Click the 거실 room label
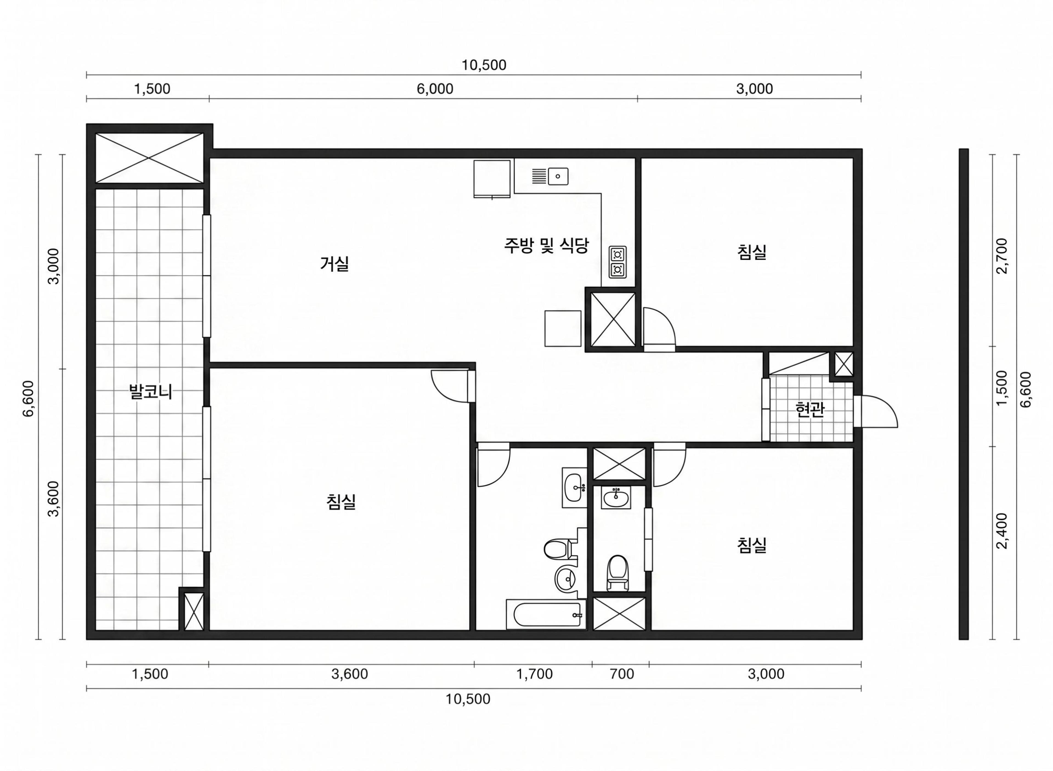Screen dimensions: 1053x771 pyautogui.click(x=334, y=264)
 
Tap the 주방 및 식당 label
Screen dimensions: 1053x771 pyautogui.click(x=546, y=245)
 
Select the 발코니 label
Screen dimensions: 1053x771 pyautogui.click(x=150, y=392)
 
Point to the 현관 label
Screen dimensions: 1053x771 pyautogui.click(x=809, y=409)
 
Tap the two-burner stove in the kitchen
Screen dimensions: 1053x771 pyautogui.click(x=617, y=262)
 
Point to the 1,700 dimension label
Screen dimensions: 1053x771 pyautogui.click(x=534, y=674)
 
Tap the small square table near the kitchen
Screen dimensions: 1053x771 pyautogui.click(x=563, y=329)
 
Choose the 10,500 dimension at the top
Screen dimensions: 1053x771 pyautogui.click(x=483, y=65)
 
